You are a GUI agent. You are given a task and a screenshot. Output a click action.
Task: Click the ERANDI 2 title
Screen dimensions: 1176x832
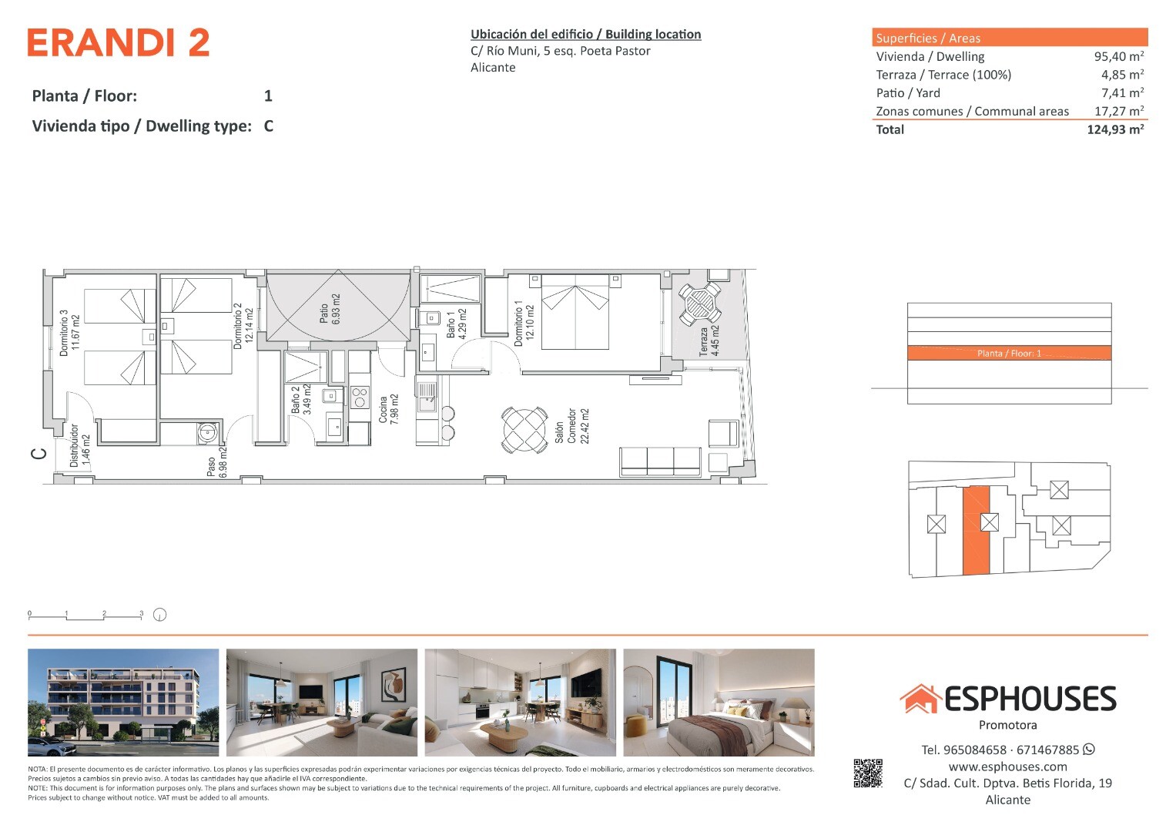point(119,42)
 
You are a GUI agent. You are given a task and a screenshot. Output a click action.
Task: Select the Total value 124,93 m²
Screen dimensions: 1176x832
point(1115,129)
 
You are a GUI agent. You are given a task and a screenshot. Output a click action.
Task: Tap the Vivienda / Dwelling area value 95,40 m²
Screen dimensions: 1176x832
point(1119,56)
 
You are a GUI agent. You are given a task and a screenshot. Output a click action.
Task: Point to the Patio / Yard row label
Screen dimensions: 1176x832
point(908,93)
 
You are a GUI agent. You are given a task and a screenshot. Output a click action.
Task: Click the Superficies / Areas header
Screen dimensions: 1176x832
point(928,38)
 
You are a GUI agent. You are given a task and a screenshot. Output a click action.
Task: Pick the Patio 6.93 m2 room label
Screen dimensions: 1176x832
point(330,309)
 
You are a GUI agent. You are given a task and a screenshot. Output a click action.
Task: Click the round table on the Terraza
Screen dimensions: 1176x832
point(699,303)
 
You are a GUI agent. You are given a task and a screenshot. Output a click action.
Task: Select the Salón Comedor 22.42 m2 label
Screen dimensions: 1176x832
point(571,426)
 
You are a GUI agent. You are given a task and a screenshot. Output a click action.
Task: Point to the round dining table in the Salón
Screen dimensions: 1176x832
point(524,430)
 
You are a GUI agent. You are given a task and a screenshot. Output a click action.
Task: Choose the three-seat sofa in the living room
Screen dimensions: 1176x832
point(660,461)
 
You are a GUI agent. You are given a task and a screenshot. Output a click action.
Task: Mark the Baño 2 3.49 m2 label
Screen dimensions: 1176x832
point(301,399)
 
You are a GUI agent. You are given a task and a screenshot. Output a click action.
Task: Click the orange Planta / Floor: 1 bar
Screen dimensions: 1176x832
point(1009,353)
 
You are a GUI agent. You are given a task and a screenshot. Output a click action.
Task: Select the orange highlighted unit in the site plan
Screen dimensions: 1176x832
point(976,531)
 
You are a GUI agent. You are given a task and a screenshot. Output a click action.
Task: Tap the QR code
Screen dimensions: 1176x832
point(867,773)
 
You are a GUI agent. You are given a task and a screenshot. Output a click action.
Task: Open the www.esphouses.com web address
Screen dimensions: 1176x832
point(1007,767)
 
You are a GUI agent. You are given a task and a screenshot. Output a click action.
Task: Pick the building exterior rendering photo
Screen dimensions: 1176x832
point(123,703)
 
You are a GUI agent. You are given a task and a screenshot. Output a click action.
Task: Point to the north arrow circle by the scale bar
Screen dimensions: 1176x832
point(159,615)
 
